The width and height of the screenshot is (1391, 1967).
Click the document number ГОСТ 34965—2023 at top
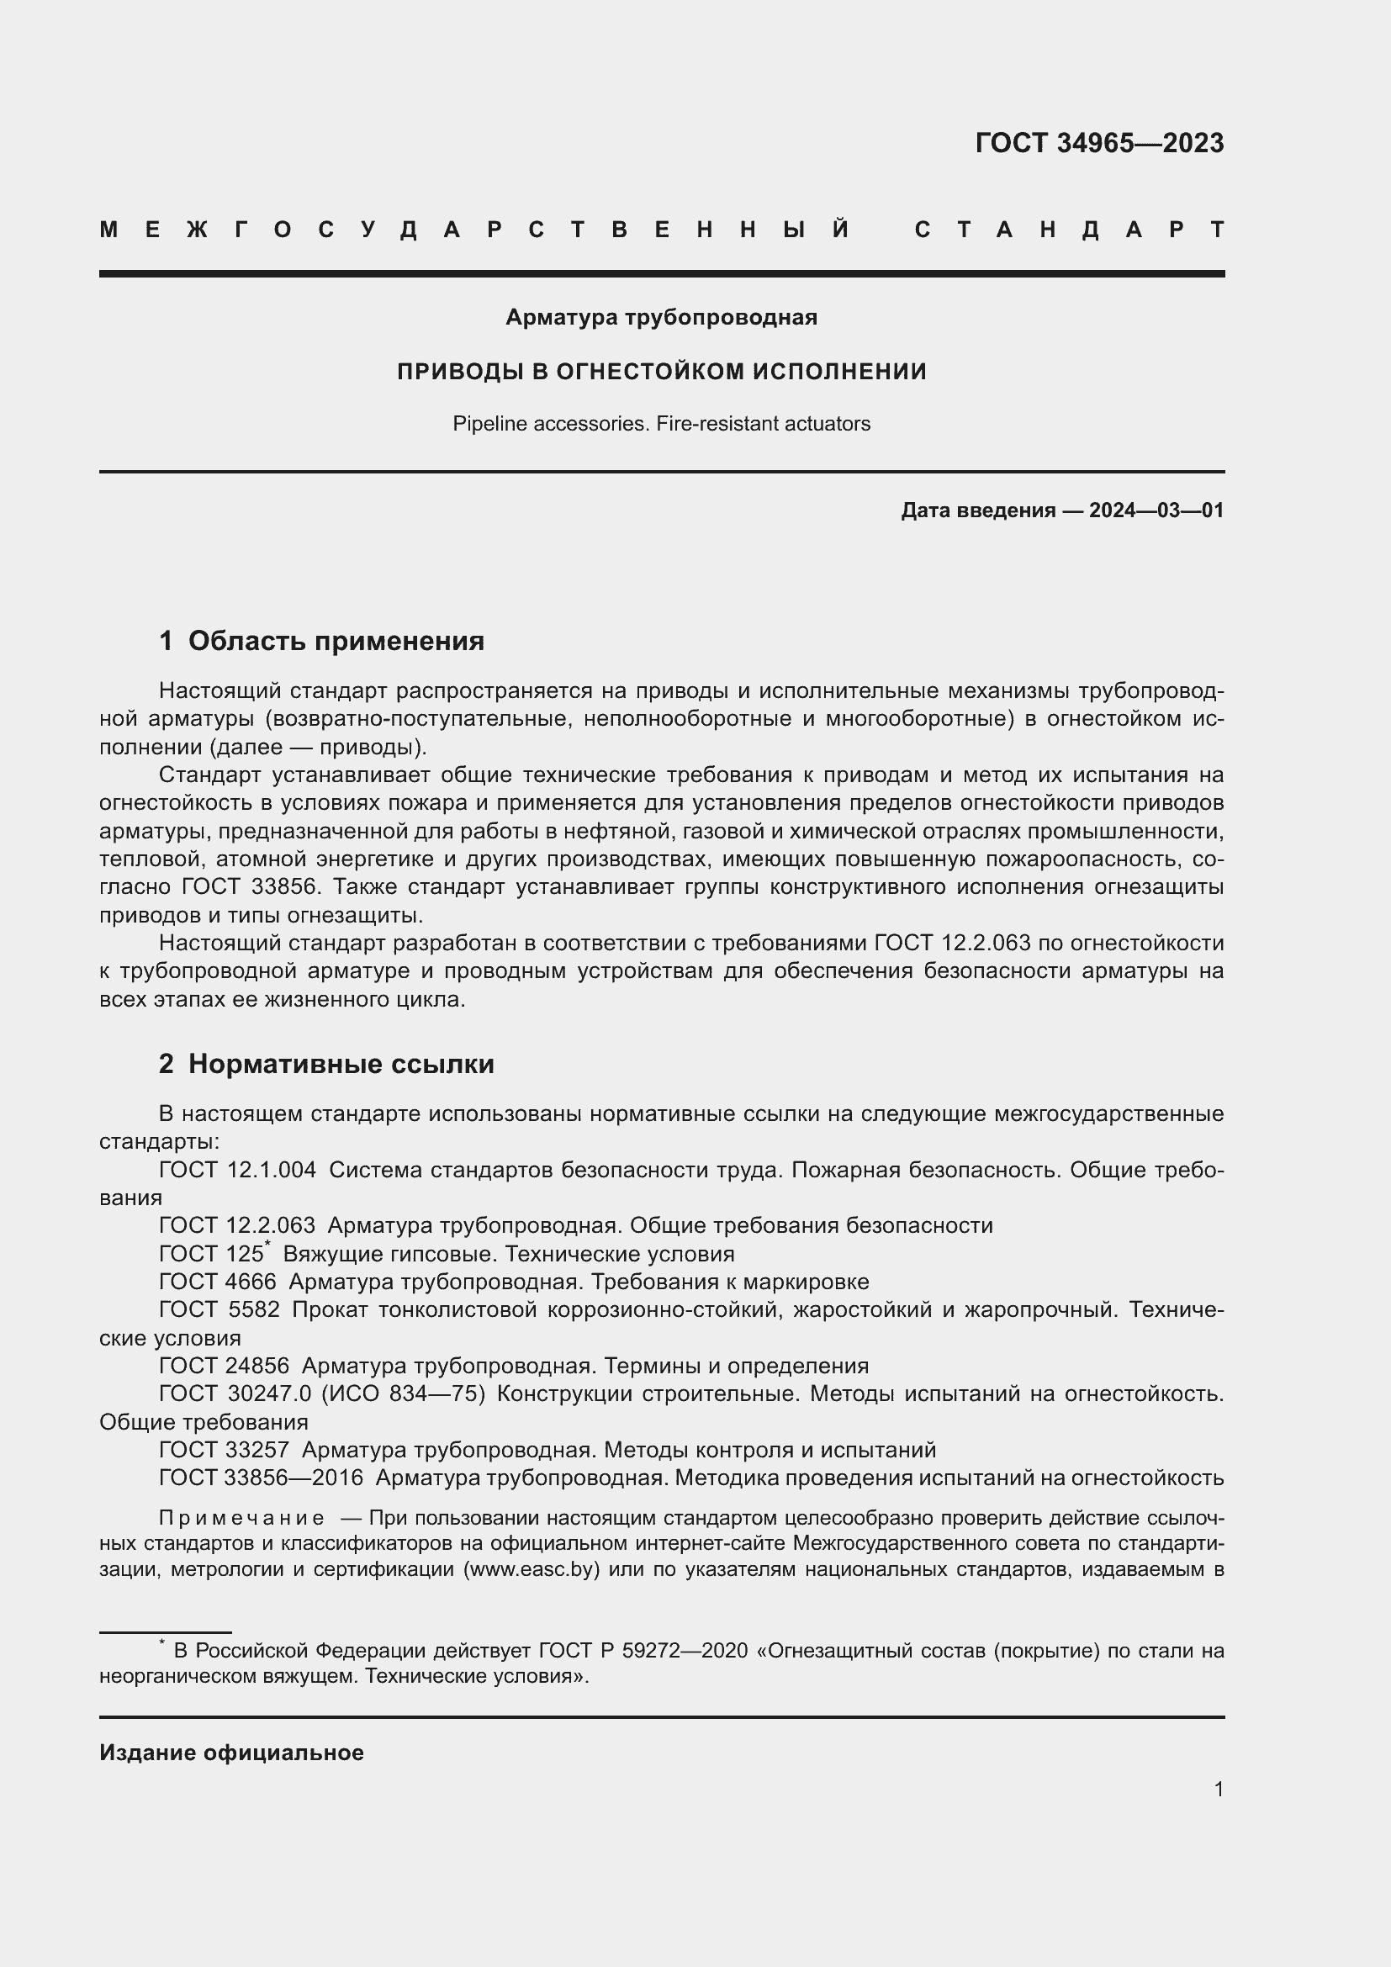tap(1099, 143)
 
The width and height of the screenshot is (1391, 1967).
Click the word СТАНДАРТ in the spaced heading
tap(1069, 230)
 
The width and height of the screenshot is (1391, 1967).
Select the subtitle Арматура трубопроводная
tap(661, 317)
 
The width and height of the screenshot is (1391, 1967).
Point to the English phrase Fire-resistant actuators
tap(763, 424)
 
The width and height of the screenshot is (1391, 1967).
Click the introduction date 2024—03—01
tap(1156, 510)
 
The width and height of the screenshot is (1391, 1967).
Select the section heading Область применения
tap(336, 641)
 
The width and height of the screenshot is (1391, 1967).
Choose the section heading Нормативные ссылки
tap(341, 1064)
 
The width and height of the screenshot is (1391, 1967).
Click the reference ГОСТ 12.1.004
tap(237, 1170)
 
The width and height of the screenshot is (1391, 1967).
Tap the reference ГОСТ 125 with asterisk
tap(214, 1253)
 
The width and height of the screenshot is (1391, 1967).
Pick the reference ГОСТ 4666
tap(218, 1282)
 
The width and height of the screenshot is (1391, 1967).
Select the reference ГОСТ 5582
tap(219, 1310)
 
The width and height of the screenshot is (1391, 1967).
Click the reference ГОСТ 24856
tap(225, 1366)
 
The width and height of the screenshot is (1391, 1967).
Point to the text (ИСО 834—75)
tap(404, 1393)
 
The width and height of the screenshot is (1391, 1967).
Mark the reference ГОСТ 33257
tap(225, 1450)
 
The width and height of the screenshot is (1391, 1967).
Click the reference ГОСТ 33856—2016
tap(262, 1478)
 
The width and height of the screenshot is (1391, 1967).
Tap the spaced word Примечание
tap(241, 1518)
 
